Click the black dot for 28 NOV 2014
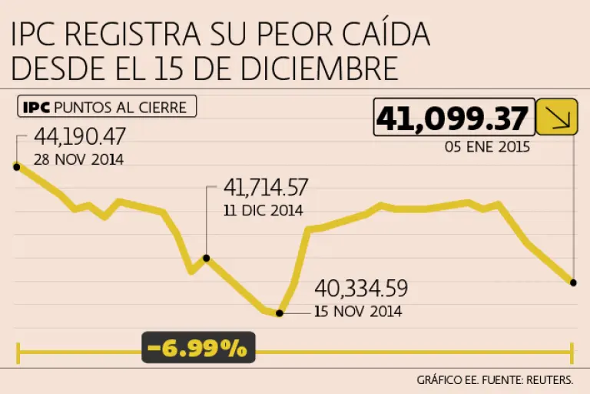17,167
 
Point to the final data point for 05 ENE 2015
573,282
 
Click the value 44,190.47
80,136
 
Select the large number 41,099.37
452,119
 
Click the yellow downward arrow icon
557,117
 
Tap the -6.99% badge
198,347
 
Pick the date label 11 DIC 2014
264,210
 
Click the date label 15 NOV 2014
358,312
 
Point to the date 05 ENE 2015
487,147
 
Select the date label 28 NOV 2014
78,159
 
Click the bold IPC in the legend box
37,108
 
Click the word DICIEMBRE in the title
320,68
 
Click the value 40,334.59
361,289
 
